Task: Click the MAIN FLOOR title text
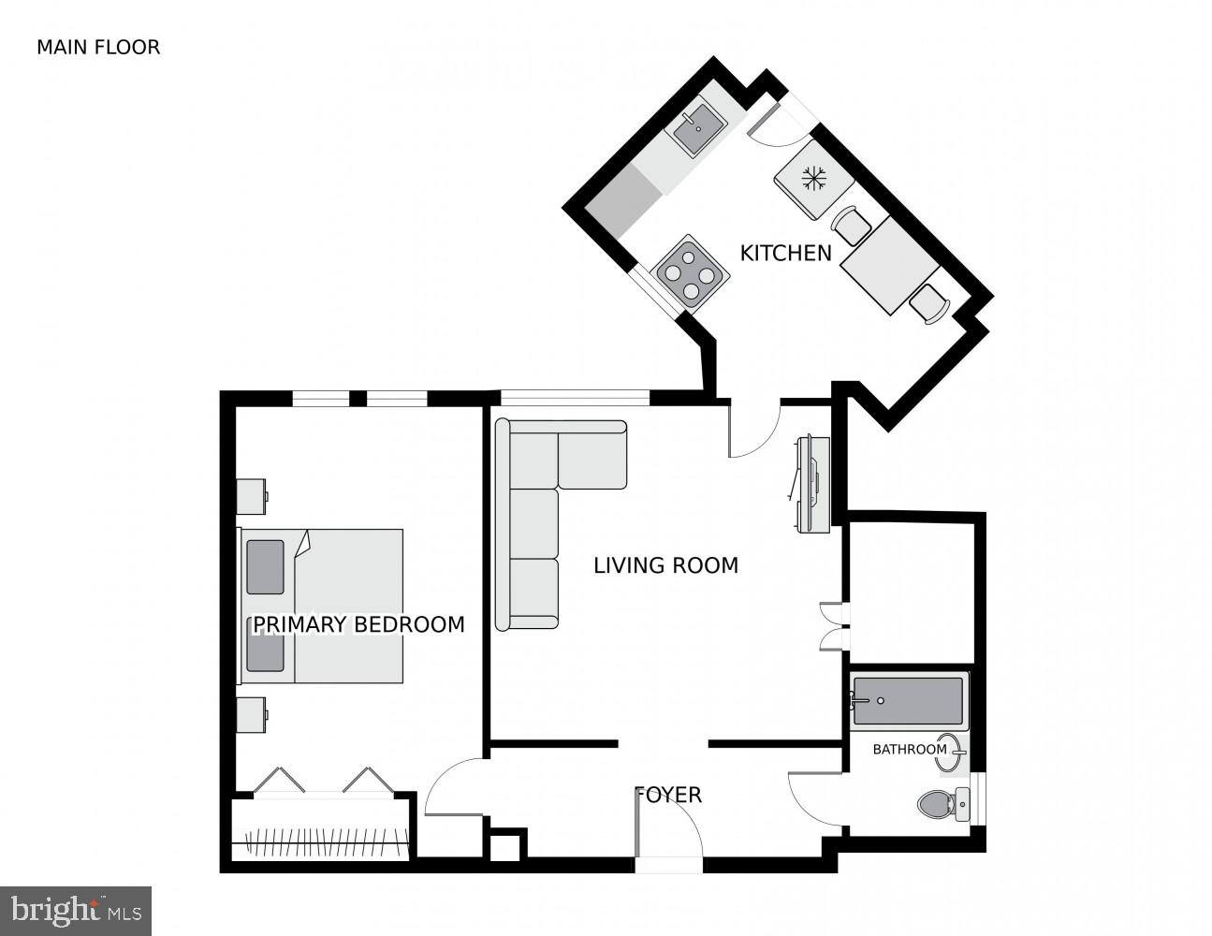(x=98, y=47)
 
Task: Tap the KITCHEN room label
(x=785, y=253)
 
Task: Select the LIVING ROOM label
(x=665, y=565)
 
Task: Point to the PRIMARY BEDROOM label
(x=358, y=624)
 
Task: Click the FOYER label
(x=668, y=796)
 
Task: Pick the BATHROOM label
(x=910, y=749)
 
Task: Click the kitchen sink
(x=697, y=130)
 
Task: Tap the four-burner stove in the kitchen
(x=692, y=271)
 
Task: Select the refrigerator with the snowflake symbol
(x=812, y=178)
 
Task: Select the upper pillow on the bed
(x=265, y=566)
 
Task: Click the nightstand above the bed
(x=252, y=496)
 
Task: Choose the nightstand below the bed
(x=252, y=714)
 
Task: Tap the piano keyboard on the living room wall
(x=810, y=485)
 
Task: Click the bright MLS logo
(x=75, y=911)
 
